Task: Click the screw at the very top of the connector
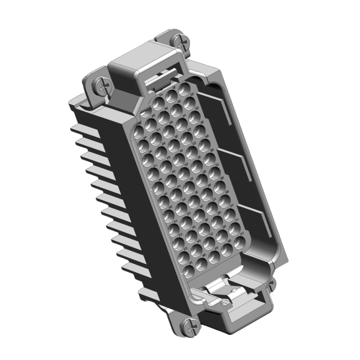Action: [x=182, y=42]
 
